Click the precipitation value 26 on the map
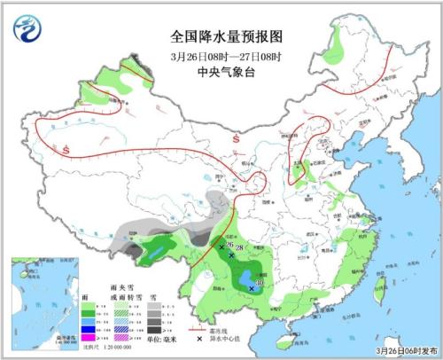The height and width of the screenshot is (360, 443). click(x=229, y=245)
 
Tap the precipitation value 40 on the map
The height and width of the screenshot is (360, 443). click(x=258, y=284)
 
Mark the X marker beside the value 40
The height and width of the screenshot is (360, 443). click(x=252, y=288)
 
